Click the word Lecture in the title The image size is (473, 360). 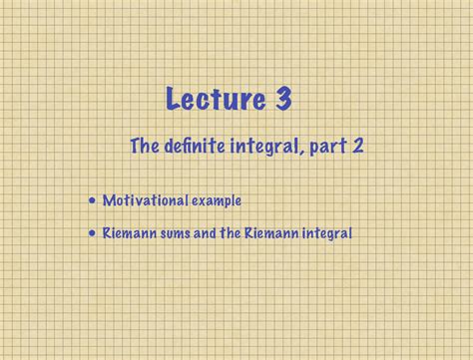[215, 100]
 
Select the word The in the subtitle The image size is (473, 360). [146, 147]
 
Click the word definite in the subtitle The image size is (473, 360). [197, 147]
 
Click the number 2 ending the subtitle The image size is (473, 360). [357, 147]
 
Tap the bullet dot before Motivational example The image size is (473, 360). [93, 201]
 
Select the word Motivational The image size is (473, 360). [144, 201]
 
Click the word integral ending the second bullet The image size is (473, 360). [327, 234]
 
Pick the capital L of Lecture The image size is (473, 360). [173, 100]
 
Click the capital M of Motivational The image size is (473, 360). [108, 201]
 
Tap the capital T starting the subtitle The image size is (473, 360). [137, 147]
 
